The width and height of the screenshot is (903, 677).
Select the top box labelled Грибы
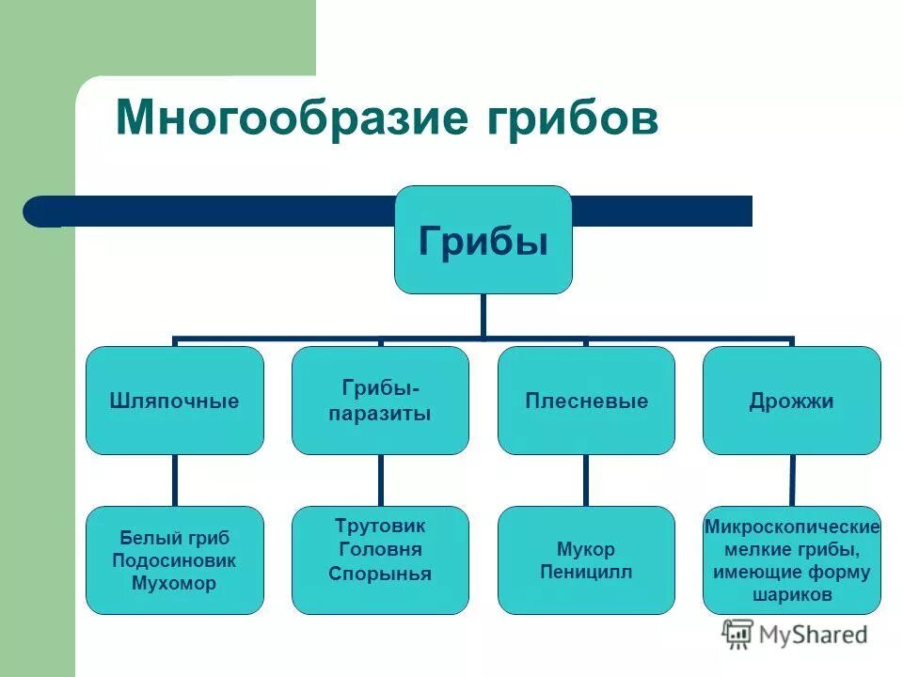click(483, 240)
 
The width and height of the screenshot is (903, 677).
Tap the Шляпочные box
click(174, 401)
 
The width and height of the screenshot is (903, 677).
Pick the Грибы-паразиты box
click(380, 401)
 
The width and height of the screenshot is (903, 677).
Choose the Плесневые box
click(586, 401)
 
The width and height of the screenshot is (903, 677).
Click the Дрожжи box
click(791, 401)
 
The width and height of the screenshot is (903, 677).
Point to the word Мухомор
click(174, 583)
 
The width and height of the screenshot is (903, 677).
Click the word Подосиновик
click(174, 560)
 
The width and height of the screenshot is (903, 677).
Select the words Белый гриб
click(174, 538)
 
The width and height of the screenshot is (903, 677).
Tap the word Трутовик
click(380, 525)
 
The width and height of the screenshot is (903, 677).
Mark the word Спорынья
click(380, 574)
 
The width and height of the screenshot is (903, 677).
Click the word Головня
click(380, 549)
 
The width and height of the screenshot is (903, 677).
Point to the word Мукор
click(586, 549)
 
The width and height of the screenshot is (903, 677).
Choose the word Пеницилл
click(586, 572)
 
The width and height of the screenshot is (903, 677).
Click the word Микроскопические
click(791, 527)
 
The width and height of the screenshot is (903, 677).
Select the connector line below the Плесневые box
click(586, 480)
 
